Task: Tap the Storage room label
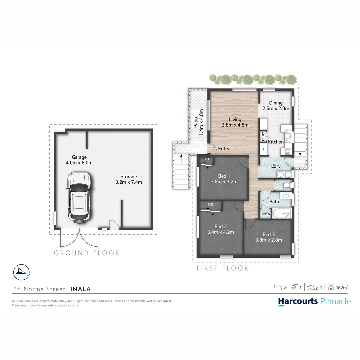(129, 179)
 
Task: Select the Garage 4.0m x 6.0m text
(79, 160)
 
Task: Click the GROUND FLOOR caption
(87, 253)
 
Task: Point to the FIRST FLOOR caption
(222, 268)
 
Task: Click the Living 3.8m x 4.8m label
(235, 122)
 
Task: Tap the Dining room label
(276, 106)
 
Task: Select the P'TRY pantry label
(263, 137)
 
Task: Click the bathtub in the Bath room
(282, 213)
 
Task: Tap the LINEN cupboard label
(265, 214)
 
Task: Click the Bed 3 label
(269, 237)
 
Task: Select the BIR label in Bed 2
(210, 204)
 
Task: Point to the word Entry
(224, 149)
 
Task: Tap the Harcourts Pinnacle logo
(314, 301)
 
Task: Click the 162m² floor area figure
(342, 287)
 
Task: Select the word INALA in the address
(80, 289)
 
